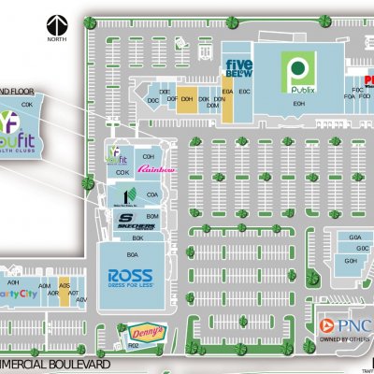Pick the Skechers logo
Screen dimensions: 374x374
130,222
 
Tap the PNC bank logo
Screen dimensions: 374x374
346,324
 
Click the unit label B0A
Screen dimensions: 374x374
133,254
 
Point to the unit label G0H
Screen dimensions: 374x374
351,261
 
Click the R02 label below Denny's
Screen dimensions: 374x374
134,346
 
